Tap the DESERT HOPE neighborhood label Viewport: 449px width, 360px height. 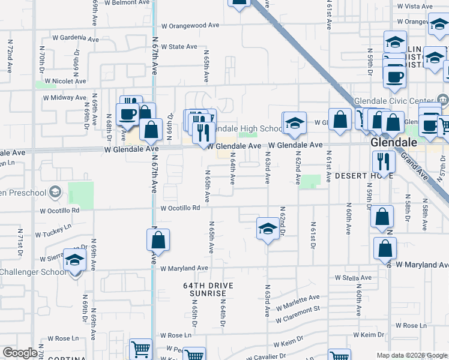coord(358,175)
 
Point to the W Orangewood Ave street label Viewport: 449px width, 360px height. coord(190,26)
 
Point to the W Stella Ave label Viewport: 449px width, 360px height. coord(355,278)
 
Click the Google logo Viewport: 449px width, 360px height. coord(20,353)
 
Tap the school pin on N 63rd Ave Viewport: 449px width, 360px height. coord(268,228)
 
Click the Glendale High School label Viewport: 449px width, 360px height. coord(246,129)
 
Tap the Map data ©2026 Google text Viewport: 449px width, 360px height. coord(411,355)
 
